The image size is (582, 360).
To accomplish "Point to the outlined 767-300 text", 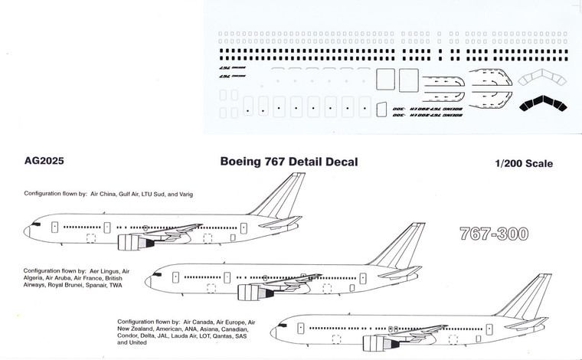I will [492, 234].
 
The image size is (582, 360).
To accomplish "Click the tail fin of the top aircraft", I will [277, 195].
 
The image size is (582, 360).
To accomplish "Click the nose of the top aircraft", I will [28, 229].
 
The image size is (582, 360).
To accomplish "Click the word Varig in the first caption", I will [185, 195].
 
